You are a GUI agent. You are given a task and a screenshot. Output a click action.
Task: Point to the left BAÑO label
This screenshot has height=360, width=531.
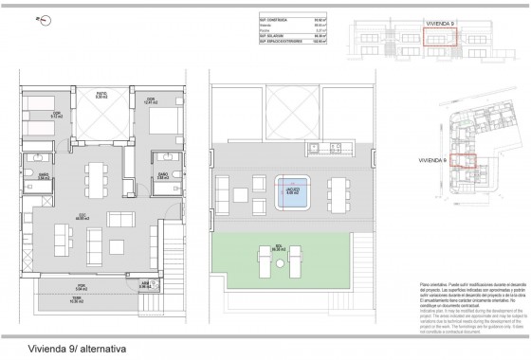(45, 174)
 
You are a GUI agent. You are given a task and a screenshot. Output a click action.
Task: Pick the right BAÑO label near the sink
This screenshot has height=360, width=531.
(161, 173)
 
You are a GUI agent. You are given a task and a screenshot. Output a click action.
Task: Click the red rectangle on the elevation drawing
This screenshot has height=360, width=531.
(439, 38)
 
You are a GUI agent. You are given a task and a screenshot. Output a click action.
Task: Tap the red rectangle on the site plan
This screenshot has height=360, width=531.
(462, 160)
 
